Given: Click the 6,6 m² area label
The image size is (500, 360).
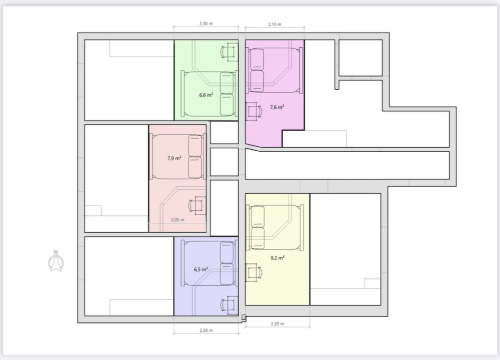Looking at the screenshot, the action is (206, 95).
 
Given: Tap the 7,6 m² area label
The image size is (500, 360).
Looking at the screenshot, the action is (277, 107).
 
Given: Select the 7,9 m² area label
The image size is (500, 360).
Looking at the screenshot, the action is (174, 158).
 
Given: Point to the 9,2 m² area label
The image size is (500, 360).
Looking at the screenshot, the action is (277, 258).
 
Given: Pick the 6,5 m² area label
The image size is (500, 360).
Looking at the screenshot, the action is (201, 269).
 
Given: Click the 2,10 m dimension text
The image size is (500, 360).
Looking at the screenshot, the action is (274, 24).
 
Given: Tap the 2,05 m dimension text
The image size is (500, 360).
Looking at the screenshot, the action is (177, 220).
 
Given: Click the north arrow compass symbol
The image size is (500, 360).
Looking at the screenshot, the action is (56, 261).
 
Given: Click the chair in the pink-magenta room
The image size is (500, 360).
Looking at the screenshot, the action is (254, 112).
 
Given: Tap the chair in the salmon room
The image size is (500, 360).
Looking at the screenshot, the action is (198, 206).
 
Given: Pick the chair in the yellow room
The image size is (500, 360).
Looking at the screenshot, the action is (254, 273).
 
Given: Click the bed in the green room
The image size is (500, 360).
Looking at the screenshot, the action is (209, 94).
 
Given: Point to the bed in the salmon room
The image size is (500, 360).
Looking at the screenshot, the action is (178, 157).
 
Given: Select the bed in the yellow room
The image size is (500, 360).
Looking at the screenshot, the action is (274, 227).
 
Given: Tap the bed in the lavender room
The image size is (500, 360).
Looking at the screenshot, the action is (209, 263).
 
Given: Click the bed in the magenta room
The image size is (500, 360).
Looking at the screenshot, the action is (274, 70).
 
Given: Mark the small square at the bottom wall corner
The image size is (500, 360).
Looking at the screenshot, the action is (244, 317).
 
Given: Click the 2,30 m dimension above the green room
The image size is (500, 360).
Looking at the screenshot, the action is (206, 23).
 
